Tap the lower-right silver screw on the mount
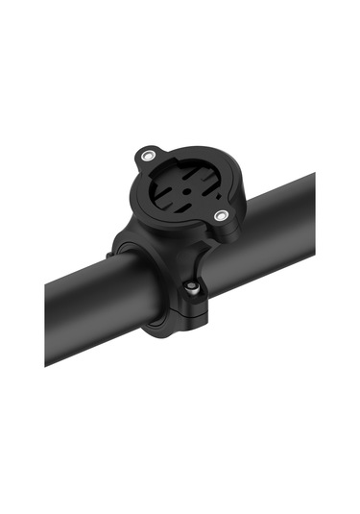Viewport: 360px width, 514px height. [221, 217]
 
